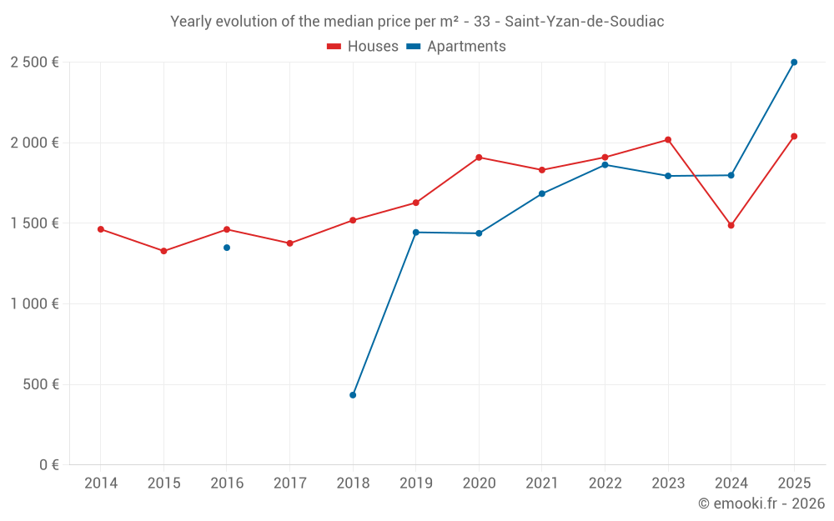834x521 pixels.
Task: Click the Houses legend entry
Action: pyautogui.click(x=363, y=47)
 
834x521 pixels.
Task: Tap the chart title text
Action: pyautogui.click(x=417, y=22)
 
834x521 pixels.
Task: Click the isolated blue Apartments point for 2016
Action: pyautogui.click(x=227, y=248)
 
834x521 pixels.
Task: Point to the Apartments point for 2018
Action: pyautogui.click(x=353, y=395)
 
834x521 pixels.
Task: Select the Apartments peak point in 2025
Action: pyautogui.click(x=794, y=63)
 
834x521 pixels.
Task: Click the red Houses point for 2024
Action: pyautogui.click(x=731, y=225)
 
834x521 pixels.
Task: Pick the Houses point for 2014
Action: pyautogui.click(x=101, y=229)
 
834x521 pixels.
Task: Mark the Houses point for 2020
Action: pyautogui.click(x=479, y=158)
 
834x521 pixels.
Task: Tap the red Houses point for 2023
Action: pyautogui.click(x=668, y=140)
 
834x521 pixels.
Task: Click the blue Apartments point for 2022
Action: pyautogui.click(x=605, y=165)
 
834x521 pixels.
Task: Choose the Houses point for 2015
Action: pyautogui.click(x=163, y=251)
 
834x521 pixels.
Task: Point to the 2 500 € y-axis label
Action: pyautogui.click(x=34, y=63)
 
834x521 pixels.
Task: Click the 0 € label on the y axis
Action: pyautogui.click(x=48, y=465)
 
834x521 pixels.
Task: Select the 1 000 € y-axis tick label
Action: pyautogui.click(x=34, y=304)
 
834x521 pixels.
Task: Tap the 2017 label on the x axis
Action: pyautogui.click(x=289, y=483)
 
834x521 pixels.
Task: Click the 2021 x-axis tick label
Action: pyautogui.click(x=542, y=483)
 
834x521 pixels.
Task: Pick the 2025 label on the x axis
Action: pyautogui.click(x=794, y=483)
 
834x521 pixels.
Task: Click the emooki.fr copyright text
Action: pyautogui.click(x=761, y=503)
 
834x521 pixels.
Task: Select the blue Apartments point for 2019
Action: pyautogui.click(x=416, y=233)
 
